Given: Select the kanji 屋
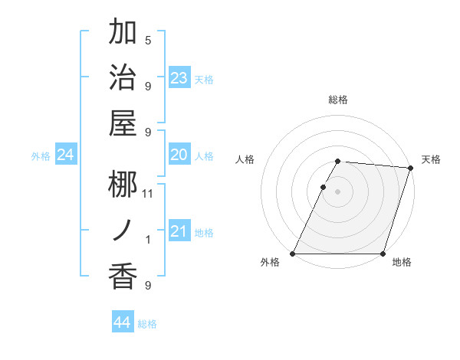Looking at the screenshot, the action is [x=123, y=122].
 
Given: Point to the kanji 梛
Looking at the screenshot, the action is [x=123, y=184].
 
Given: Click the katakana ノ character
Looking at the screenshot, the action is [x=123, y=230].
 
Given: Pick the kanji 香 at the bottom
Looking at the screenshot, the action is [x=123, y=275].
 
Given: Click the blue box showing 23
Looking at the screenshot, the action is [x=179, y=78].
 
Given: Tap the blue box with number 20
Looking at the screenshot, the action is [x=179, y=155].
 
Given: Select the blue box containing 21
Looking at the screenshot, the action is [x=179, y=231].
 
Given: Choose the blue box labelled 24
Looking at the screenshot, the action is [x=66, y=155].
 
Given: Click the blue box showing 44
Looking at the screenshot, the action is [x=123, y=322].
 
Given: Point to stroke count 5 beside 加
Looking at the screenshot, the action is [x=148, y=40].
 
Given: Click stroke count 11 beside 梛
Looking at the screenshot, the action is [x=148, y=193].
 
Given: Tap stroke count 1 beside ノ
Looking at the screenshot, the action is [x=148, y=240].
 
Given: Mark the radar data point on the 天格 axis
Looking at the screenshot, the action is [x=411, y=169].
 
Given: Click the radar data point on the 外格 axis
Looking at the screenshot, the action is [x=293, y=254].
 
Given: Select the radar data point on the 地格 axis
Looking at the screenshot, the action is [x=383, y=254].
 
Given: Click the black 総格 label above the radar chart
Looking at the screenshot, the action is [x=338, y=100].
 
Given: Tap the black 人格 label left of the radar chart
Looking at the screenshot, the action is [x=245, y=159].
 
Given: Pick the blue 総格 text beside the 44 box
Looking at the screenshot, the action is [x=147, y=324].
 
